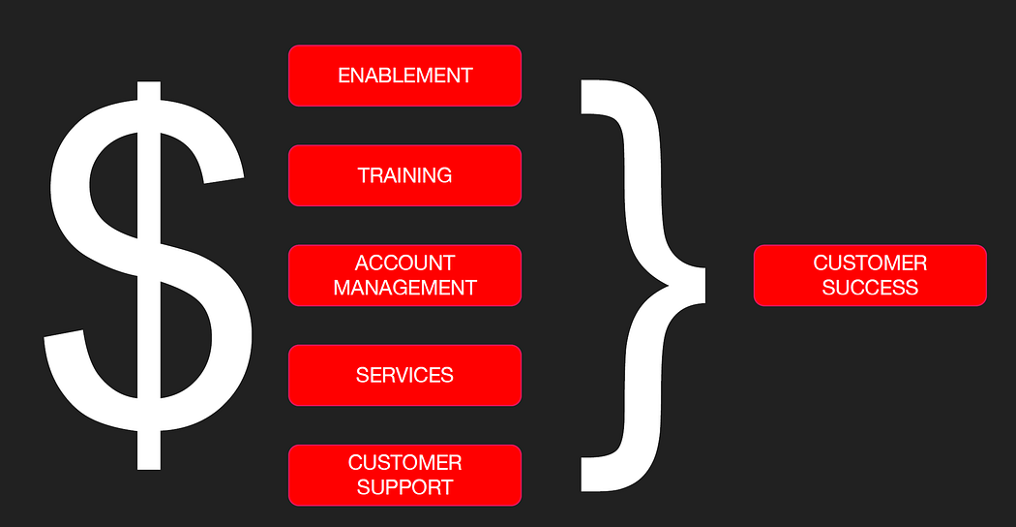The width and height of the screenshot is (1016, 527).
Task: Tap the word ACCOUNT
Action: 404,263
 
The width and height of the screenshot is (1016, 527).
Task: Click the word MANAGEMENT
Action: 404,288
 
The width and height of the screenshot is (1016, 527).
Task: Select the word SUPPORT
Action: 404,487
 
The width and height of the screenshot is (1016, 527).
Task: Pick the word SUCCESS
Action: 870,288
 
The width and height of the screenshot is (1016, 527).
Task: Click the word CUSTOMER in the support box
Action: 404,463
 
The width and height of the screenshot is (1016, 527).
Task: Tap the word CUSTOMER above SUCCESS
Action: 870,263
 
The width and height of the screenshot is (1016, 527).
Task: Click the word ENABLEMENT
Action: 404,76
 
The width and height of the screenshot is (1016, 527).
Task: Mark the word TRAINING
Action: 404,175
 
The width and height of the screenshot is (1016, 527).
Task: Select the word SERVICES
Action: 404,375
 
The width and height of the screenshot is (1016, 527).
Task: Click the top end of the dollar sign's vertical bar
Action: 147,87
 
